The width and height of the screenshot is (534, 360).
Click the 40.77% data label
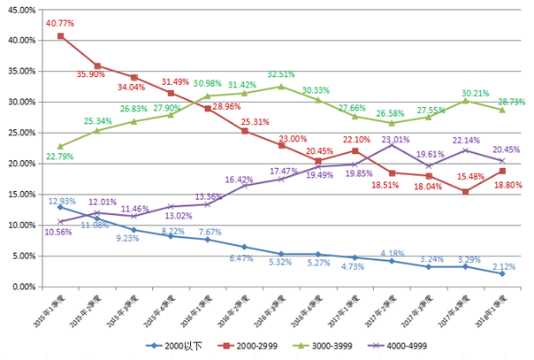(x=60, y=22)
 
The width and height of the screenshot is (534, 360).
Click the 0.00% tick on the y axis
(x=22, y=287)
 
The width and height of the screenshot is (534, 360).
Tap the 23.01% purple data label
(x=396, y=140)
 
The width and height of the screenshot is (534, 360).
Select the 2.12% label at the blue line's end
(x=503, y=265)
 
